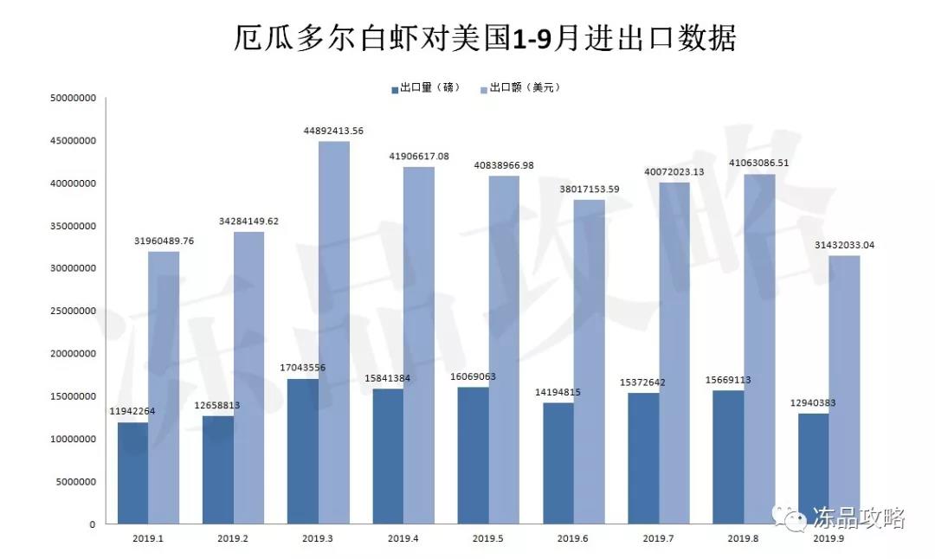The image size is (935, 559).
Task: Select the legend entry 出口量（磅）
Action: point(425,87)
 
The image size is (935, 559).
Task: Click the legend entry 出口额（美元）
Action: point(519,87)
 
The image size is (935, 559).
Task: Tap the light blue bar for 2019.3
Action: point(333,332)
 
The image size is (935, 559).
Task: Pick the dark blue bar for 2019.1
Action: point(132,472)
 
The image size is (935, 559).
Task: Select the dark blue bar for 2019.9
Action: point(813,468)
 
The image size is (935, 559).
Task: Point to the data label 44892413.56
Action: point(333,131)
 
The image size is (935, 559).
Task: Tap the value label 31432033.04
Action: point(843,245)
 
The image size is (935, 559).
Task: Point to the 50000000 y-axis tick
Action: point(73,99)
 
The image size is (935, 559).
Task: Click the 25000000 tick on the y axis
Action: point(73,312)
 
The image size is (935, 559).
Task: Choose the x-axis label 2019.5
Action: point(488,538)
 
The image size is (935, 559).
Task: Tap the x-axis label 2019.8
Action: point(744,538)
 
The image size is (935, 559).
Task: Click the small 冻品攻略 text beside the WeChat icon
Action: point(858,518)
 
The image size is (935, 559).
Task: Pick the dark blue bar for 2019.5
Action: point(473,455)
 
